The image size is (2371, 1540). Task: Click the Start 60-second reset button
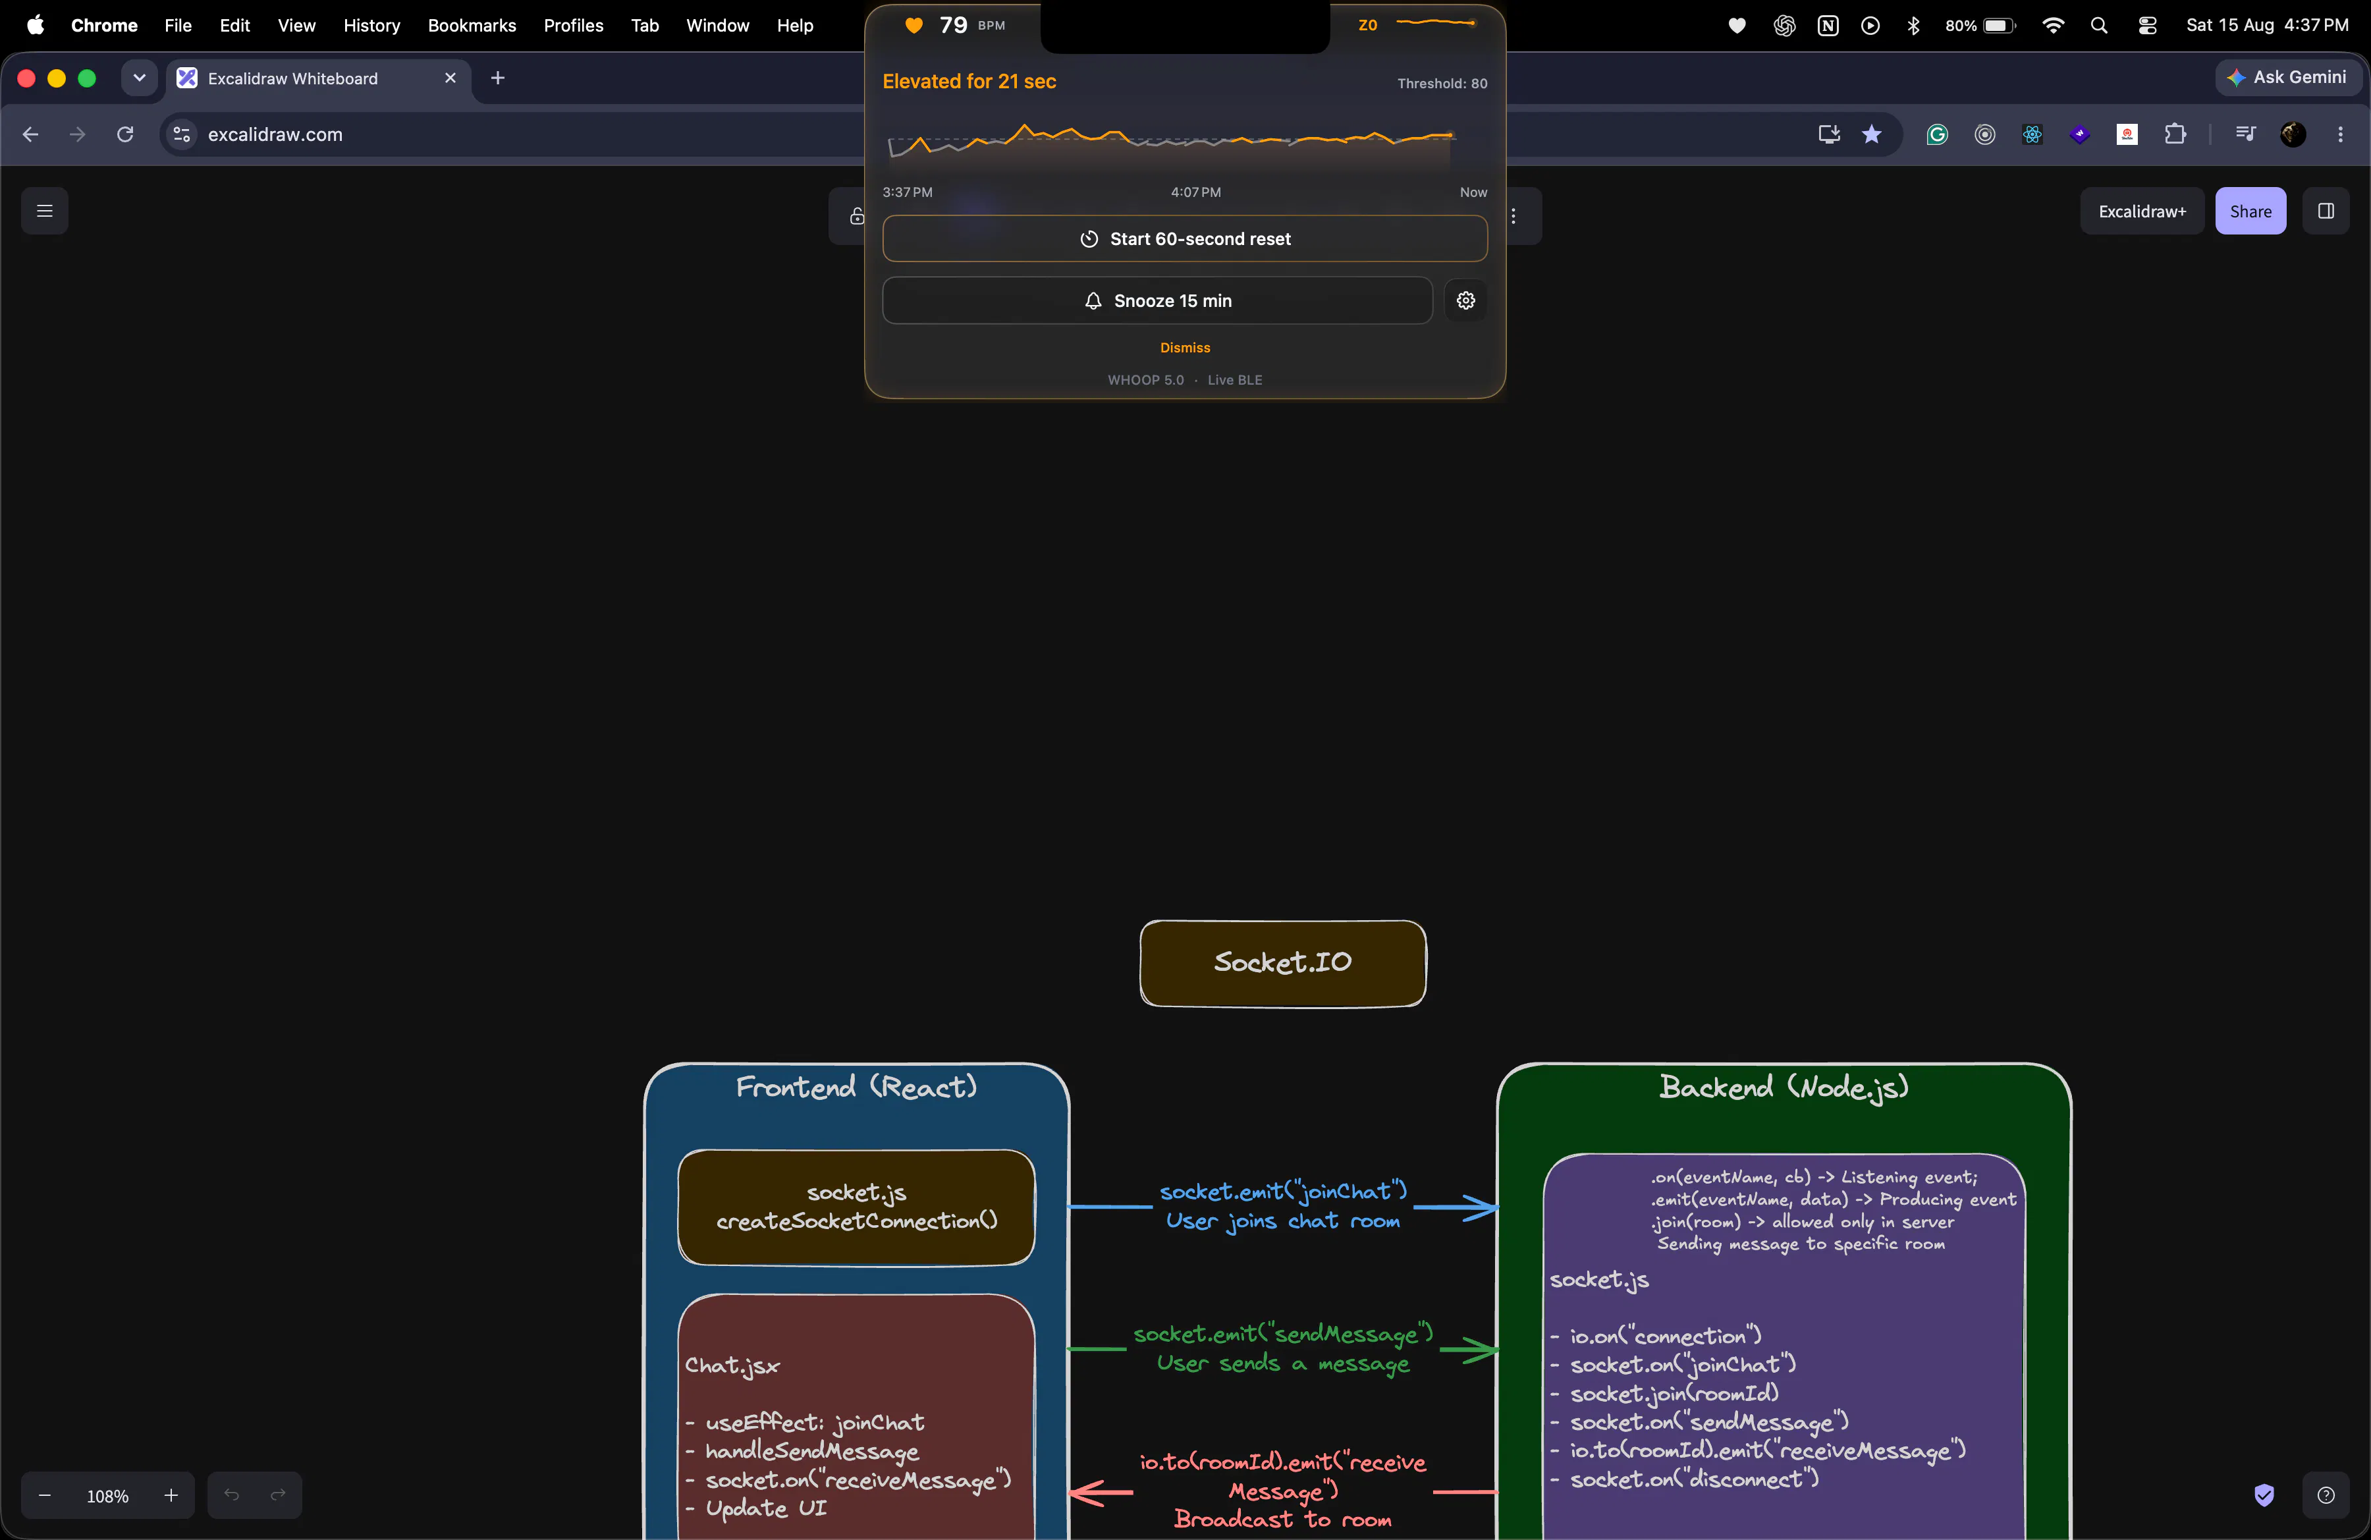pyautogui.click(x=1184, y=239)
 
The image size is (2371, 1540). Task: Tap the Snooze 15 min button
pyautogui.click(x=1157, y=301)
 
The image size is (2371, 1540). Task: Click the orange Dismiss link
pyautogui.click(x=1184, y=348)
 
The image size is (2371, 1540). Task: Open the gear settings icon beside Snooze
pyautogui.click(x=1465, y=301)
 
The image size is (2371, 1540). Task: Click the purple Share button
pyautogui.click(x=2249, y=211)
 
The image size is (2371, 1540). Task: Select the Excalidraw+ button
pyautogui.click(x=2141, y=211)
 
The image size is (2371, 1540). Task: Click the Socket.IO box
pyautogui.click(x=1282, y=963)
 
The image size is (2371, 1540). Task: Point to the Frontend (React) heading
pyautogui.click(x=856, y=1087)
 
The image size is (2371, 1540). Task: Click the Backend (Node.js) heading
pyautogui.click(x=1784, y=1087)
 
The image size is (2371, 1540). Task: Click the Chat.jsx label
pyautogui.click(x=732, y=1365)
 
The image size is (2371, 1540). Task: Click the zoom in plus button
pyautogui.click(x=171, y=1495)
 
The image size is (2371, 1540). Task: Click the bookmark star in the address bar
pyautogui.click(x=1871, y=134)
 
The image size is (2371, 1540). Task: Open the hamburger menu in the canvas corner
pyautogui.click(x=45, y=211)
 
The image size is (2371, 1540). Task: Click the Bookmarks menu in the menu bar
pyautogui.click(x=472, y=25)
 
